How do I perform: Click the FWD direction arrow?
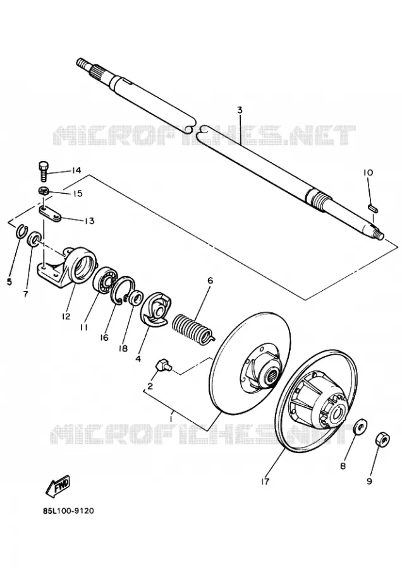tap(58, 486)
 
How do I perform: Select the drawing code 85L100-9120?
tap(68, 511)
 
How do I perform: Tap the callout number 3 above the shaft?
tap(240, 110)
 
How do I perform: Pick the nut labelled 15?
tap(44, 190)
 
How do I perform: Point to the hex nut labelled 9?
tap(382, 440)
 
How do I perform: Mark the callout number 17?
tap(265, 482)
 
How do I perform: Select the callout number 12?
tap(66, 316)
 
